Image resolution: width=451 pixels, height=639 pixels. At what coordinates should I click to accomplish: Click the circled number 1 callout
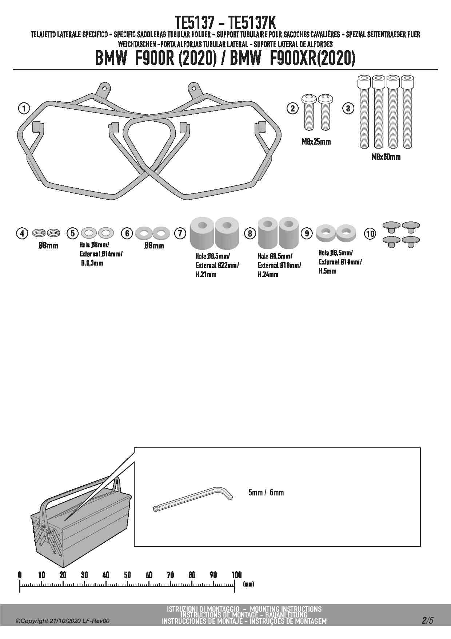coord(24,108)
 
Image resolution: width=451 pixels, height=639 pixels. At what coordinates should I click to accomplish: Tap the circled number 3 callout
coord(348,108)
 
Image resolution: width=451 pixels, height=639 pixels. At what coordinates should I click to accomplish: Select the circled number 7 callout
coord(180,233)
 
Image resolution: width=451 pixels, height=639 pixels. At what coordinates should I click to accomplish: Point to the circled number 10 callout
coord(370,234)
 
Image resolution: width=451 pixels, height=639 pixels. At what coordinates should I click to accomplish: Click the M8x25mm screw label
coord(316,142)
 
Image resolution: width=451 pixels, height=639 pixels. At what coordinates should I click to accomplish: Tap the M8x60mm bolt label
coord(386,157)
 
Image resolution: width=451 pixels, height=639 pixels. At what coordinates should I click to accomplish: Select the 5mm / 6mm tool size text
coord(266,493)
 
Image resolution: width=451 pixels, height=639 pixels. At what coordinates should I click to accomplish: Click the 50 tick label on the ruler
coord(127,575)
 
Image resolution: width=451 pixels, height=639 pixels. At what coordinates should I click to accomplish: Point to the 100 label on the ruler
coord(236,575)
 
